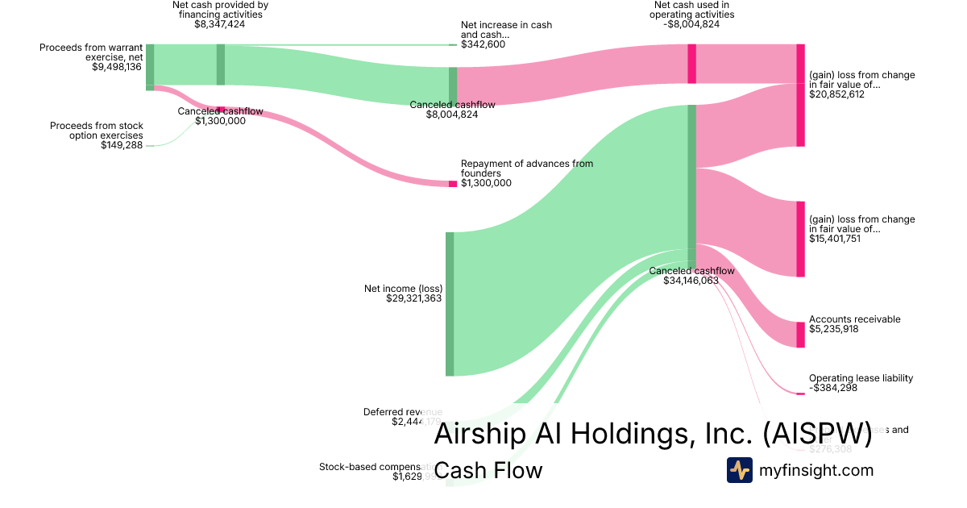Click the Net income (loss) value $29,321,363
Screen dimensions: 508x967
[x=403, y=298]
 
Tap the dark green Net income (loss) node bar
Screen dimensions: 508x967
[x=450, y=304]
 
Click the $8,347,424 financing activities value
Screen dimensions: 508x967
[x=220, y=24]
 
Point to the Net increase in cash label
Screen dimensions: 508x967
[x=506, y=30]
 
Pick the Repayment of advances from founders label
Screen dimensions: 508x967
[x=526, y=168]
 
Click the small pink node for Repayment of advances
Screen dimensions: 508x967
[x=453, y=184]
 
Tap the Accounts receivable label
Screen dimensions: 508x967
[x=854, y=319]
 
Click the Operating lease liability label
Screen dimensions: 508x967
[x=861, y=378]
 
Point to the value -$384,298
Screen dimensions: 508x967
[x=833, y=388]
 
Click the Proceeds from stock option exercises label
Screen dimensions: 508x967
[x=96, y=131]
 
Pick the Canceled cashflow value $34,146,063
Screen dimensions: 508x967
[x=691, y=281]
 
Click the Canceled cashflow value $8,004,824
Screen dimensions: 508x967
[x=452, y=115]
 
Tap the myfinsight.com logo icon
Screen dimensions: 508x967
[x=740, y=470]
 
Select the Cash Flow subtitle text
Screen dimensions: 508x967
[x=488, y=470]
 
